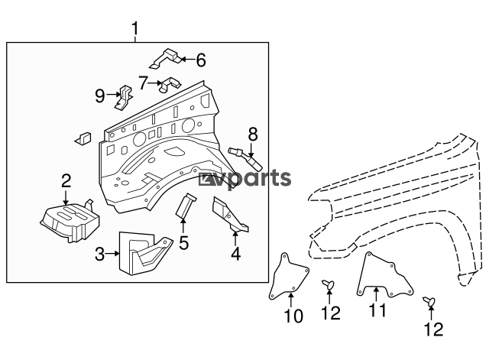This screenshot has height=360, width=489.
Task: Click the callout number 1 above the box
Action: (x=134, y=29)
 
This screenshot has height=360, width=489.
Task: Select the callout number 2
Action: (x=66, y=181)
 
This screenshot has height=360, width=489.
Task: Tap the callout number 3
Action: (x=99, y=254)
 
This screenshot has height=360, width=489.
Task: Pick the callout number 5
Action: (x=184, y=243)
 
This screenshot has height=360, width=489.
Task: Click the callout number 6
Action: (x=201, y=60)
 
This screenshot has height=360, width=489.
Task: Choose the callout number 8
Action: (x=253, y=135)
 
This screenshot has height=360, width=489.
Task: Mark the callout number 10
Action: (x=293, y=316)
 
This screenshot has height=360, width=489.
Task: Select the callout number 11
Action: (x=377, y=310)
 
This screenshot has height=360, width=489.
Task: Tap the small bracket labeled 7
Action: (x=170, y=84)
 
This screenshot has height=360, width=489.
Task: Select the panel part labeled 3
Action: (x=144, y=253)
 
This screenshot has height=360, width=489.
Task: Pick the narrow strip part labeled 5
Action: (x=186, y=206)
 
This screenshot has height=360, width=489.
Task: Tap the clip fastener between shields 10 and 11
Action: (x=328, y=284)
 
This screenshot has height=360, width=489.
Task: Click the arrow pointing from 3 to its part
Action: (x=112, y=254)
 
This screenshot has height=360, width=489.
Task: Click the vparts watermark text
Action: (x=244, y=179)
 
